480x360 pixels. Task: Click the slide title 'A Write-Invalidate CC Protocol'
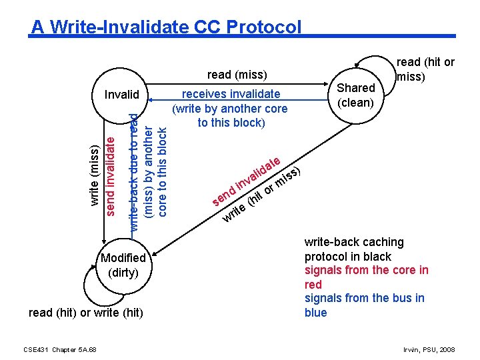point(167,27)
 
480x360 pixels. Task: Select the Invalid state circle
point(121,94)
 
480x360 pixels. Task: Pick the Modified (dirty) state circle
point(123,265)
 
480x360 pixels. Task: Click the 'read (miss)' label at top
point(237,75)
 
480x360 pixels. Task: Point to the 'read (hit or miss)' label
point(425,69)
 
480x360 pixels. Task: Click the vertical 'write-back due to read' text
point(134,171)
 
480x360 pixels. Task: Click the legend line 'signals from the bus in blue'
point(364,305)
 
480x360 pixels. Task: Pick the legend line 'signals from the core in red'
point(366,277)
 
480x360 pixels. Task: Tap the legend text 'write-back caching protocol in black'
point(354,249)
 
